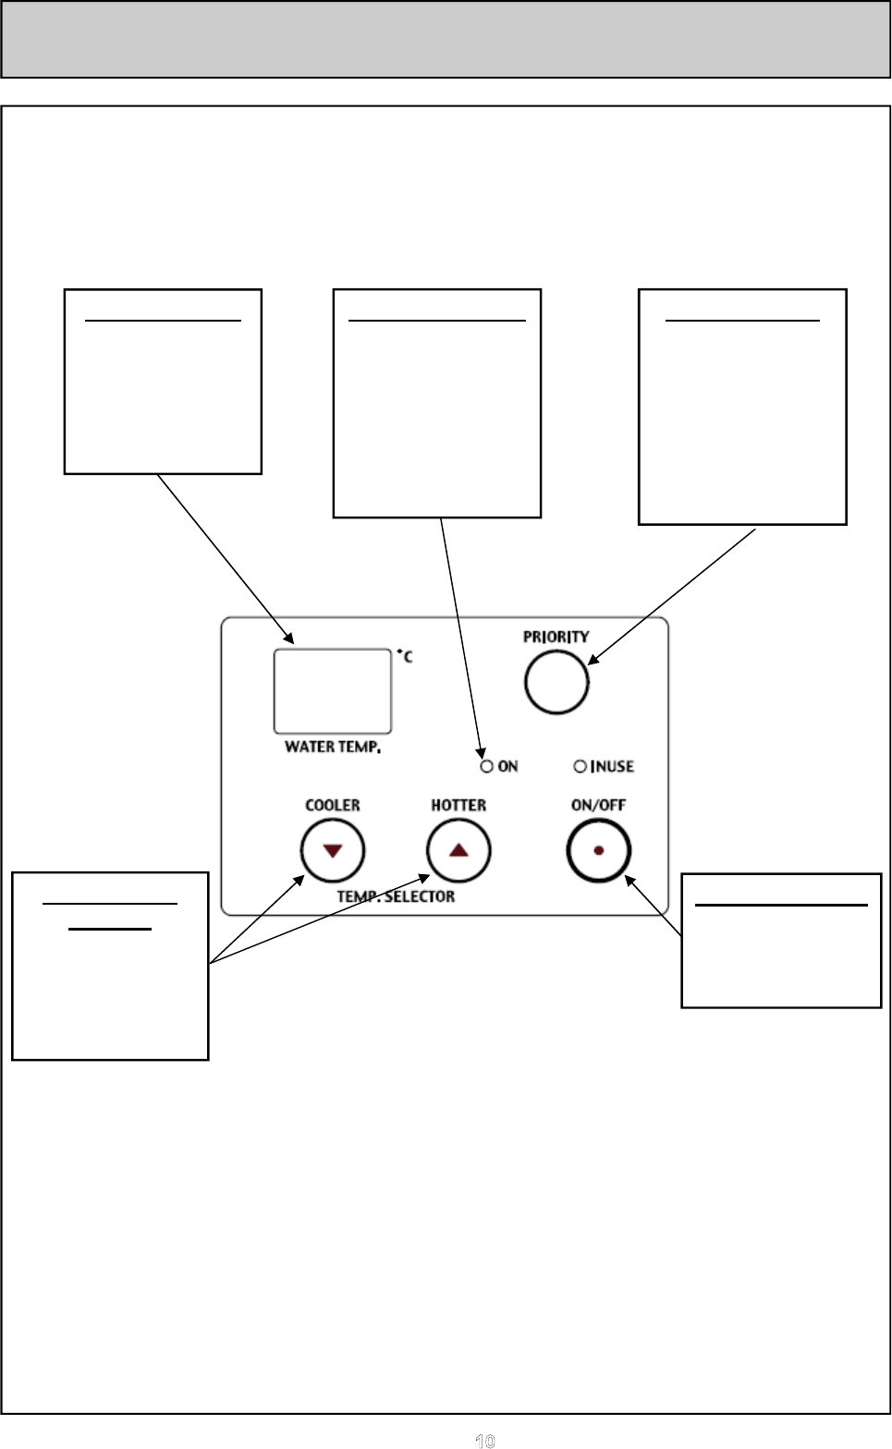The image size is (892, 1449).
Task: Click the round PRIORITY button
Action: pyautogui.click(x=556, y=682)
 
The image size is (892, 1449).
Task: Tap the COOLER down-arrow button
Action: pyautogui.click(x=333, y=850)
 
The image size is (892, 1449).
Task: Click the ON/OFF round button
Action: pyautogui.click(x=599, y=850)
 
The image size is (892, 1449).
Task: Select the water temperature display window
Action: pyautogui.click(x=333, y=691)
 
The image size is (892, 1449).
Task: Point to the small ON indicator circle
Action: pyautogui.click(x=486, y=766)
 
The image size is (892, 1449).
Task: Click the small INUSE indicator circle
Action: pyautogui.click(x=580, y=766)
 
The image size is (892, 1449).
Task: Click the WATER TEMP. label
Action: pyautogui.click(x=333, y=747)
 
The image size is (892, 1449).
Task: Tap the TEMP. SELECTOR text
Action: pyautogui.click(x=396, y=896)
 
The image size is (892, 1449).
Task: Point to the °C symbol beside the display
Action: pyautogui.click(x=405, y=657)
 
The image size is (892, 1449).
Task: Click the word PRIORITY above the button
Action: pyautogui.click(x=556, y=637)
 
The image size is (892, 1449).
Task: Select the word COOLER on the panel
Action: pyautogui.click(x=333, y=805)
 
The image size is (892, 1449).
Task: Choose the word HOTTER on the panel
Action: pyautogui.click(x=458, y=805)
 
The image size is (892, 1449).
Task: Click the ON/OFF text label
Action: pyautogui.click(x=598, y=805)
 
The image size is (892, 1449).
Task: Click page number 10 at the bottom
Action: pyautogui.click(x=484, y=1440)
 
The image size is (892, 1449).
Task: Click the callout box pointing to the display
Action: pyautogui.click(x=163, y=382)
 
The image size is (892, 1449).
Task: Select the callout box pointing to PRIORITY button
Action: pyautogui.click(x=742, y=407)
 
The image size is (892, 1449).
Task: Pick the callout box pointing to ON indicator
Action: pyautogui.click(x=436, y=403)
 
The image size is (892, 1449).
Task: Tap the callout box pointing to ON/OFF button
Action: pyautogui.click(x=781, y=940)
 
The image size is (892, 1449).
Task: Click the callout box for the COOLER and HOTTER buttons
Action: pyautogui.click(x=110, y=966)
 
